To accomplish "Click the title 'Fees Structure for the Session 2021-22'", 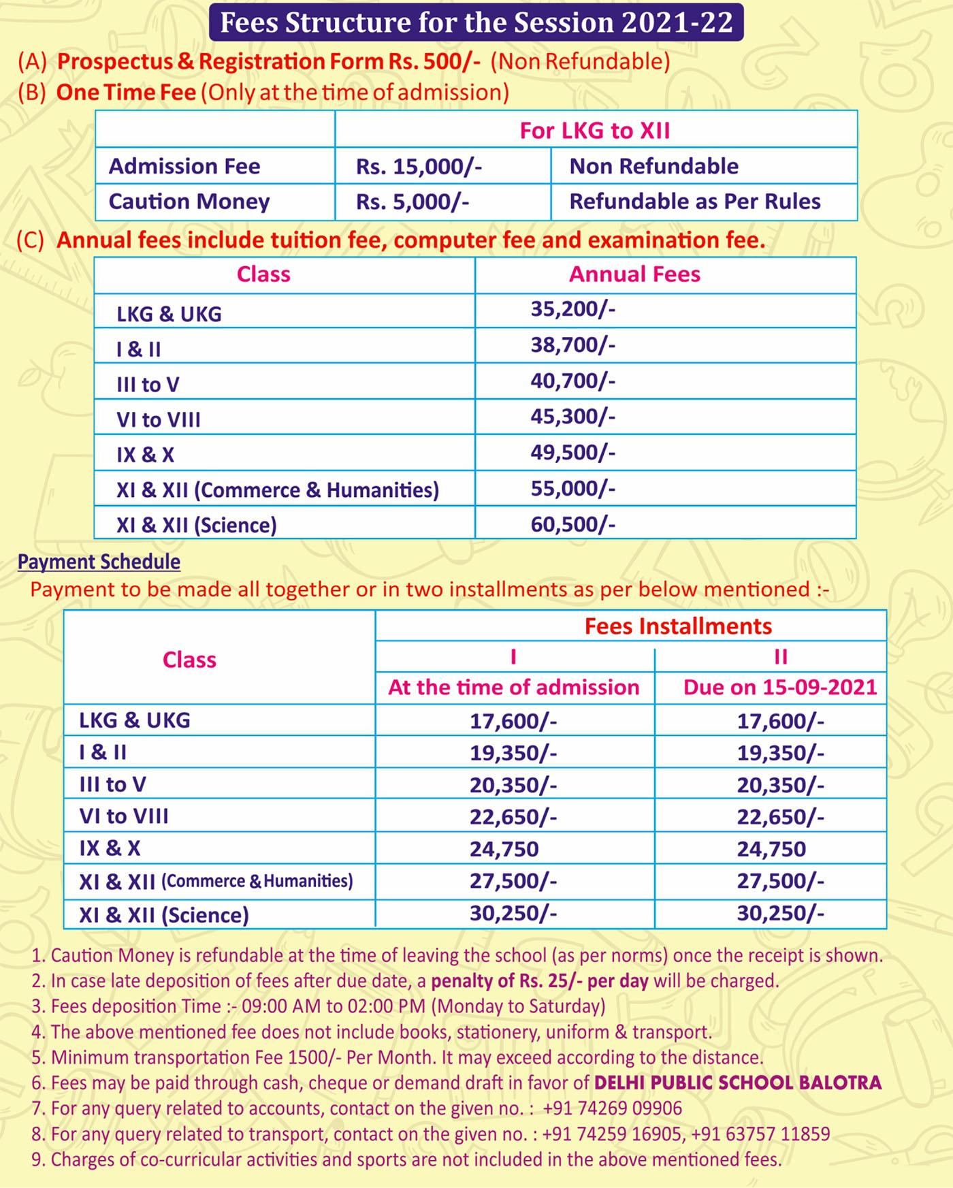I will point(476,22).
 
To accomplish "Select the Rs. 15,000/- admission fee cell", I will point(419,166).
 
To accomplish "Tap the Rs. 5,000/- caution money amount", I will point(413,202).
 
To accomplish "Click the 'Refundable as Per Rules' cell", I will point(694,202).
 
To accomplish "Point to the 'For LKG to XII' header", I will point(595,130).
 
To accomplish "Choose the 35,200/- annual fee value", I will point(572,309).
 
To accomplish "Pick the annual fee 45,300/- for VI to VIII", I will point(572,417).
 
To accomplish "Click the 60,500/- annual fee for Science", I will point(572,524).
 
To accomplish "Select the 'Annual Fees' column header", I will point(634,274).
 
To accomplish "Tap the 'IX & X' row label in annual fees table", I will point(145,455).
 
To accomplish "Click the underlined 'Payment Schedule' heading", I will point(99,562).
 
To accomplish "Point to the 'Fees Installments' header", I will point(678,626).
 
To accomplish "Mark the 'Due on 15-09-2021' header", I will point(780,687).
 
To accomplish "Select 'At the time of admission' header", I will point(513,687).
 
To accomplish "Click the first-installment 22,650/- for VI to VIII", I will point(513,817).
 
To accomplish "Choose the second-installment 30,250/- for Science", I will point(780,914).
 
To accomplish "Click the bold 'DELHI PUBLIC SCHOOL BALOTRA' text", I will point(738,1083).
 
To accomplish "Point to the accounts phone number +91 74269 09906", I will point(612,1108).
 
